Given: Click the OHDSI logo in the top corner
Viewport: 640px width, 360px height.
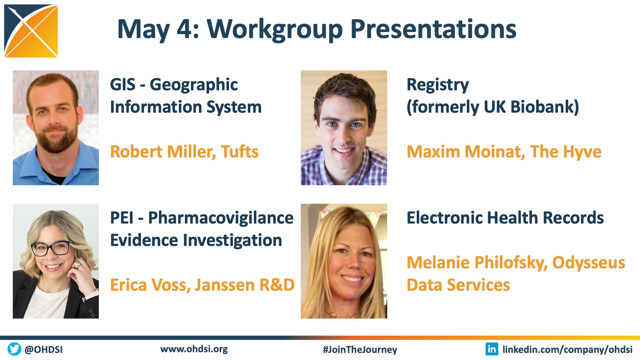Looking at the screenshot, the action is point(31,31).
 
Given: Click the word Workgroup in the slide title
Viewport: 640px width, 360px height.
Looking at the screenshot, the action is point(275,29).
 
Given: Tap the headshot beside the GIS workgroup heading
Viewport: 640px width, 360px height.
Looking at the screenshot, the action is point(56,128).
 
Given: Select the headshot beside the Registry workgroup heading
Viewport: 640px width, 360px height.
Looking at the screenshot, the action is point(344,128).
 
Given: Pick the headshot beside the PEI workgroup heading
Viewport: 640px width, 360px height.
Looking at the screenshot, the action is point(56,261).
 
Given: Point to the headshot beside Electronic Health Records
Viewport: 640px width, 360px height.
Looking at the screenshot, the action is point(344,261).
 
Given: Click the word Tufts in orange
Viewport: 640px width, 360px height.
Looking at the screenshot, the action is point(240,152).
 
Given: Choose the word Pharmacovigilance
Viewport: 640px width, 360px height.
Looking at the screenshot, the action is point(221,218).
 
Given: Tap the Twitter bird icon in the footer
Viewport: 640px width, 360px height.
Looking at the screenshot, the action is point(14,349).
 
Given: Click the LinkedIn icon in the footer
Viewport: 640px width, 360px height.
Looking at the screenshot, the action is point(492,349).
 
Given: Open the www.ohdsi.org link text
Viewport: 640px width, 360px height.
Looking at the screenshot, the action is point(194,349).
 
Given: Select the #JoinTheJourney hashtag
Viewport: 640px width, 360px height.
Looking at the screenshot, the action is point(360,350).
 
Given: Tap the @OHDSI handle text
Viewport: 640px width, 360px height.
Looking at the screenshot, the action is point(44,349).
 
